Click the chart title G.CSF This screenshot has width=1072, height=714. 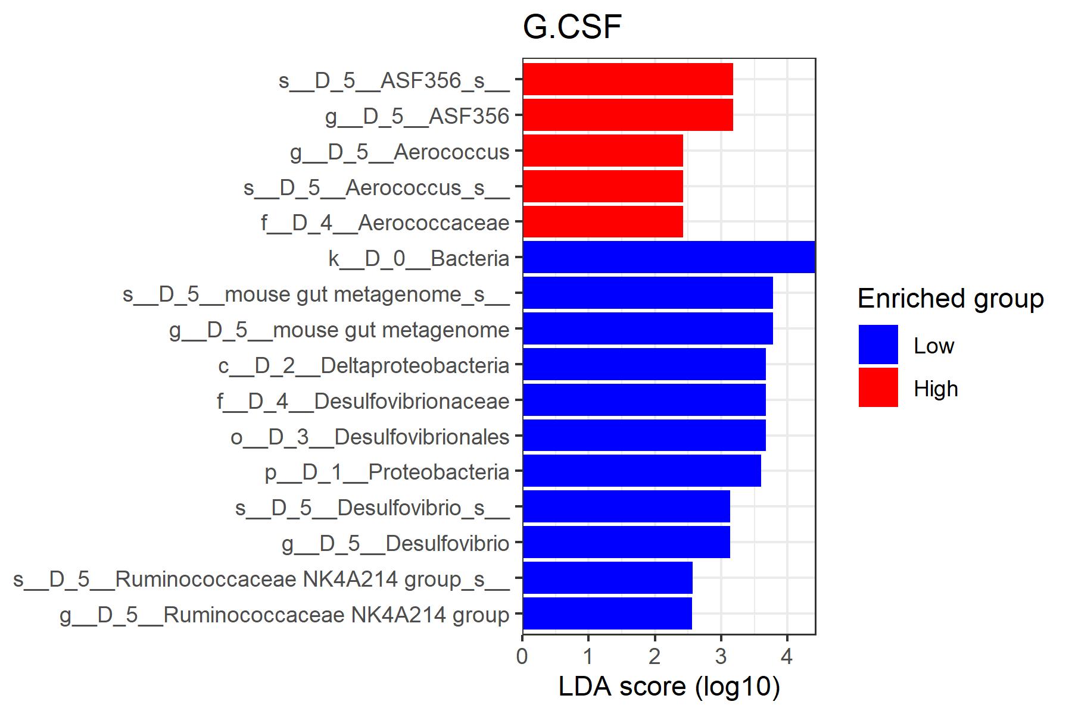572,27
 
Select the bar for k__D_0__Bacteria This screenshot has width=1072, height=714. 668,258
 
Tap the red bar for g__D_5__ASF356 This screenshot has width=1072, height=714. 627,115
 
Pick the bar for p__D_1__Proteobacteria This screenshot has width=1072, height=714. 641,471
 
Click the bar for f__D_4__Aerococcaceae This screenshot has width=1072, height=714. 602,222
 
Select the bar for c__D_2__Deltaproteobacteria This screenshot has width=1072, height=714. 644,365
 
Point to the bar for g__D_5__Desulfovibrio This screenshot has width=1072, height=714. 626,543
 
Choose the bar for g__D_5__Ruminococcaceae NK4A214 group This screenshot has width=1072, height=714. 607,614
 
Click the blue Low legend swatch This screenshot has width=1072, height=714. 878,345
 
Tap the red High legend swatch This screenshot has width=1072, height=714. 878,388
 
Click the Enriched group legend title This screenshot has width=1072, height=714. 950,299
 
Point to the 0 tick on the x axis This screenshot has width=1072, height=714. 522,656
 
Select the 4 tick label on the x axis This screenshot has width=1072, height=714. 787,656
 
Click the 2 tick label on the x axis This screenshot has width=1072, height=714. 655,656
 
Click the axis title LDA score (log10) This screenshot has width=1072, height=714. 669,687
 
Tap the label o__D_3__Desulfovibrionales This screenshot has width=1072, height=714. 370,437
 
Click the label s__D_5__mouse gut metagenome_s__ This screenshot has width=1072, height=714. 316,295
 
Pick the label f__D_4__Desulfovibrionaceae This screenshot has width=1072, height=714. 363,401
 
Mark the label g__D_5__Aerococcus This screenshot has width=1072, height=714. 400,152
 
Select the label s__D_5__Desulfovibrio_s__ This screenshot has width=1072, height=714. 372,508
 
